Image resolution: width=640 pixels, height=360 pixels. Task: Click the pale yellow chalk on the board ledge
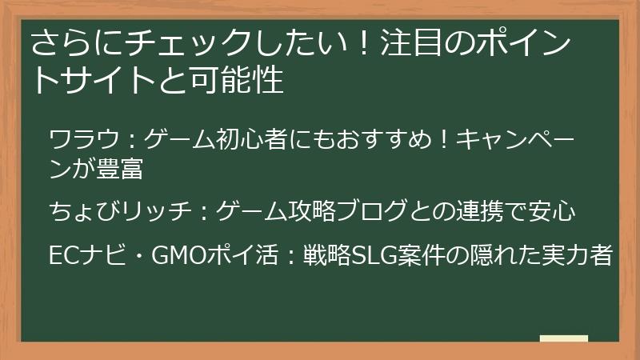pos(564,338)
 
